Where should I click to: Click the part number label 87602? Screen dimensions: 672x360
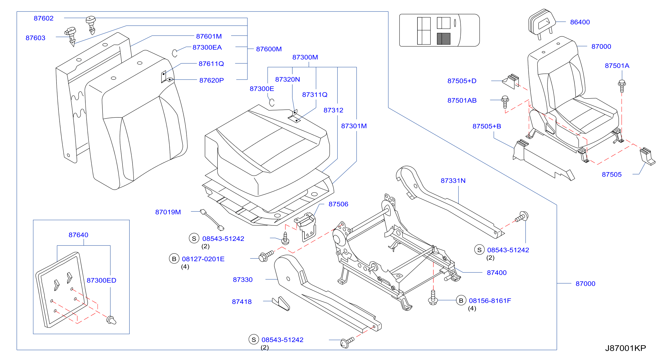pyautogui.click(x=44, y=18)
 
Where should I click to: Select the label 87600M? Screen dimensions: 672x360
pyautogui.click(x=269, y=49)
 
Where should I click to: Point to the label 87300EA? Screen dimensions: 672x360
pyautogui.click(x=207, y=47)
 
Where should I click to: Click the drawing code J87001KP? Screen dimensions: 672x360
pyautogui.click(x=625, y=348)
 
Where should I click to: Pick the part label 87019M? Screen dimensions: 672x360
pyautogui.click(x=168, y=212)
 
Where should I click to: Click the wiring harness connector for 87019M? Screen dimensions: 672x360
pyautogui.click(x=212, y=220)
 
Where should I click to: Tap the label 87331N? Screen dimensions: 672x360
pyautogui.click(x=453, y=181)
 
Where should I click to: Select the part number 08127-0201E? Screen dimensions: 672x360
pyautogui.click(x=203, y=259)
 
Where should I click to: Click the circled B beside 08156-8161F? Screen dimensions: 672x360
pyautogui.click(x=461, y=301)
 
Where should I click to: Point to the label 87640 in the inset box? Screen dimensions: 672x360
pyautogui.click(x=79, y=235)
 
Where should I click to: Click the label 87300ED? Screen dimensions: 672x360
pyautogui.click(x=102, y=280)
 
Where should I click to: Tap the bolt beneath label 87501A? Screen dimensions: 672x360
pyautogui.click(x=622, y=86)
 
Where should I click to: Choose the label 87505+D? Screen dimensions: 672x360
pyautogui.click(x=462, y=81)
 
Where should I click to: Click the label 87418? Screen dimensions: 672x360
pyautogui.click(x=242, y=302)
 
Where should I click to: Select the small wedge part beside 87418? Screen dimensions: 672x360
pyautogui.click(x=281, y=304)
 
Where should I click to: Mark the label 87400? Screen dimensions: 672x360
pyautogui.click(x=497, y=272)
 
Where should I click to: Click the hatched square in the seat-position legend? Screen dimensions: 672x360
pyautogui.click(x=443, y=39)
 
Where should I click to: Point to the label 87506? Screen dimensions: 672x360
pyautogui.click(x=338, y=204)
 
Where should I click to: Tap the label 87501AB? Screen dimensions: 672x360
pyautogui.click(x=462, y=100)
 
